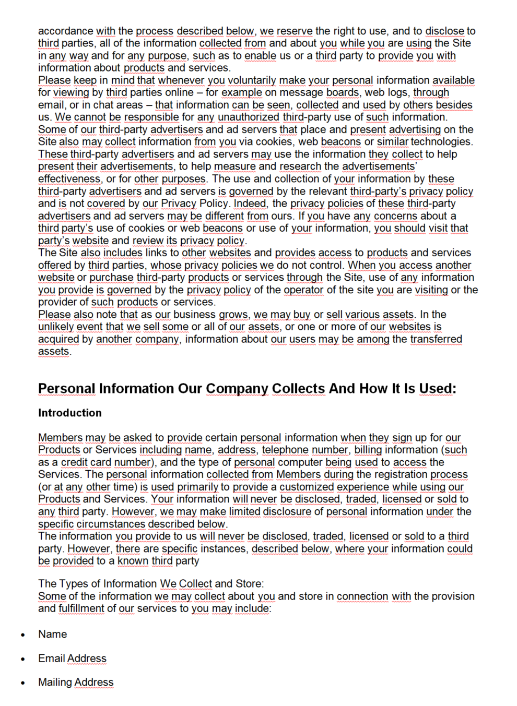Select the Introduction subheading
point(70,413)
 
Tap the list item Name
point(53,634)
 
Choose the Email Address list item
point(72,659)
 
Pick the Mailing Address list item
point(76,682)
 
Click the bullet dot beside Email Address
point(23,659)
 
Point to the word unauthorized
point(249,117)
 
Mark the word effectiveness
point(69,179)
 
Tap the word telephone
point(285,450)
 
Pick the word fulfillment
point(81,608)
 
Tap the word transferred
point(436,339)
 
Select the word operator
point(303,290)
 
